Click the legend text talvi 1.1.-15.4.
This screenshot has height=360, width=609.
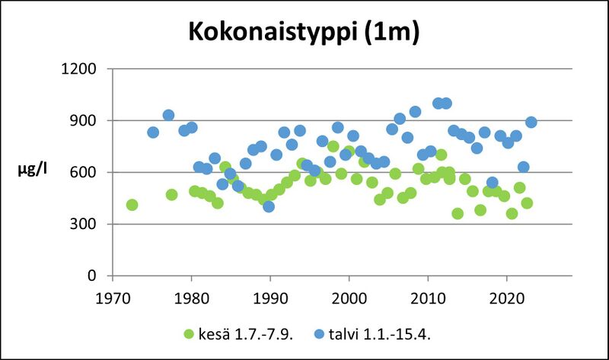(x=385, y=333)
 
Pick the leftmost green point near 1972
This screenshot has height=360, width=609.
(x=132, y=205)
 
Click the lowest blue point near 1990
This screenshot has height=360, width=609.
(x=269, y=206)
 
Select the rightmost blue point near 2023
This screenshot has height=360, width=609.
(x=531, y=123)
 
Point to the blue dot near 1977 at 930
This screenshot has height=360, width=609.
(x=168, y=116)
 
